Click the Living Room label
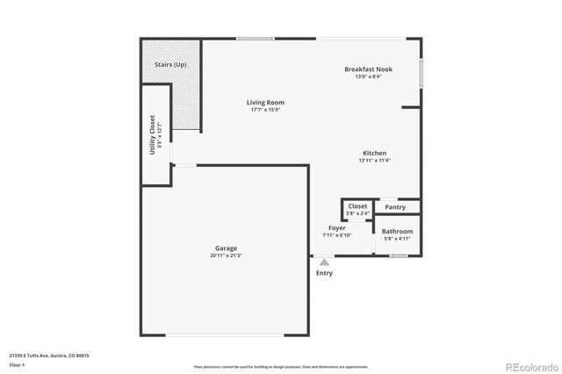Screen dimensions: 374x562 [x=265, y=103]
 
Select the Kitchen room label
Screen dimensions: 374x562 [x=375, y=153]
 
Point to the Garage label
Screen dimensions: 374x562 [x=226, y=248]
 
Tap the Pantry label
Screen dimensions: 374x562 [x=395, y=207]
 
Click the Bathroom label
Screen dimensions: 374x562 [x=397, y=231]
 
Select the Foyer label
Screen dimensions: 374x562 [x=337, y=227]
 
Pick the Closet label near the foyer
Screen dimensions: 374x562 [x=357, y=206]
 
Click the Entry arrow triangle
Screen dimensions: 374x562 [x=324, y=261]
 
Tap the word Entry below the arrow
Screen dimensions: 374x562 [x=324, y=273]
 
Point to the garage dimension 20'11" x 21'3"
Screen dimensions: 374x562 [x=226, y=255]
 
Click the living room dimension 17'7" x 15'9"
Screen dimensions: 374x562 [x=265, y=110]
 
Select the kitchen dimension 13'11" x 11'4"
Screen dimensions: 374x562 [x=375, y=161]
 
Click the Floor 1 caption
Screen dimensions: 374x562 [x=17, y=363]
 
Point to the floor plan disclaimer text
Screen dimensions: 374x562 [x=281, y=367]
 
